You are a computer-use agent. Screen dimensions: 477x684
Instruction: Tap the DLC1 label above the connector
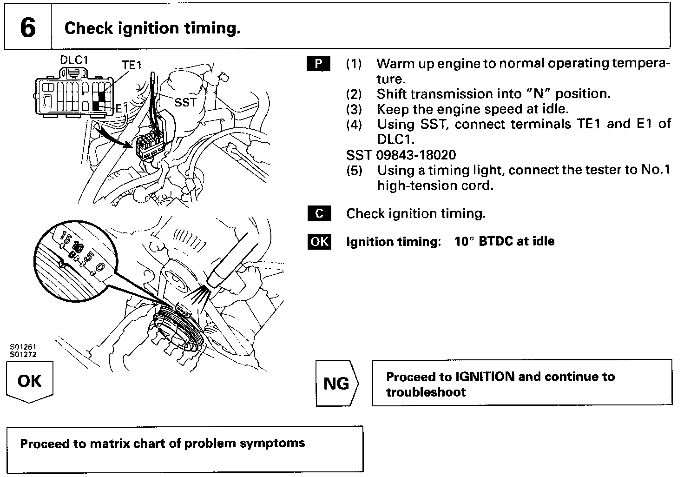[x=74, y=60]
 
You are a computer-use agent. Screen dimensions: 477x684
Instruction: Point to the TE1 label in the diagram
[x=132, y=66]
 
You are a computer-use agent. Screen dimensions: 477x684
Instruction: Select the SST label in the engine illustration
[x=185, y=102]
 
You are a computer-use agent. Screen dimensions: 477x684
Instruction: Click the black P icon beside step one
[x=319, y=64]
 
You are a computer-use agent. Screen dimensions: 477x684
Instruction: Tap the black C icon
[x=319, y=213]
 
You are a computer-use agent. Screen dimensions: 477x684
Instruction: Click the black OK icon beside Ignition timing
[x=319, y=242]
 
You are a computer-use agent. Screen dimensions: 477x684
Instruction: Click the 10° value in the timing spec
[x=464, y=241]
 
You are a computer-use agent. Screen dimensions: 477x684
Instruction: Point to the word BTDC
[x=495, y=241]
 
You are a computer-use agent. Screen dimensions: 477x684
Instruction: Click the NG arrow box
[x=336, y=384]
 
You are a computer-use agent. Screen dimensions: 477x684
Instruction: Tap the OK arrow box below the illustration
[x=29, y=382]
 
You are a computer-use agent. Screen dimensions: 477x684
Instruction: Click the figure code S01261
[x=23, y=347]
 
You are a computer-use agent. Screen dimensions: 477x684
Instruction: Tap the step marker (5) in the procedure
[x=354, y=171]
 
